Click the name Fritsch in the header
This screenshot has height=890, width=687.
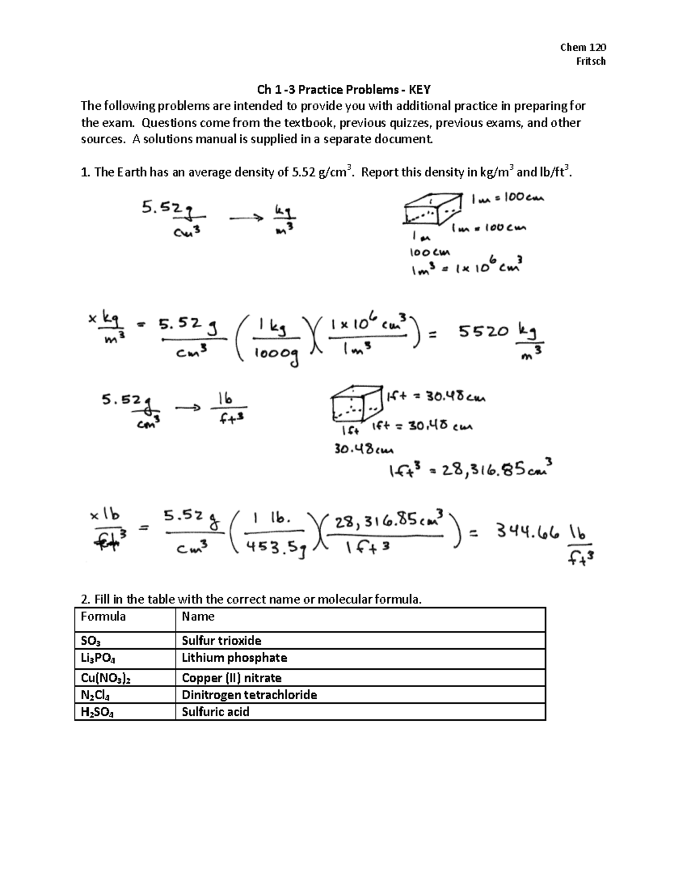click(x=590, y=61)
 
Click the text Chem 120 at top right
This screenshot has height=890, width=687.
click(x=583, y=48)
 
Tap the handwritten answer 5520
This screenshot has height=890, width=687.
click(x=483, y=332)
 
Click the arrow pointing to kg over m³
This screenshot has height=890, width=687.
click(x=246, y=218)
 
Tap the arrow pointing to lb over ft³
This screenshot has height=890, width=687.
click(x=188, y=408)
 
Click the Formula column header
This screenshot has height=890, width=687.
click(x=103, y=617)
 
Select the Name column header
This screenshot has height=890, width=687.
click(x=198, y=617)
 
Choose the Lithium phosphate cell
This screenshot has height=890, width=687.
click(x=234, y=658)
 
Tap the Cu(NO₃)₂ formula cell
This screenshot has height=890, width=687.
click(x=106, y=678)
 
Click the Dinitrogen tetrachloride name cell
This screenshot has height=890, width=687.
click(x=249, y=695)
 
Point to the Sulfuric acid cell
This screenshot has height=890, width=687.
click(x=215, y=712)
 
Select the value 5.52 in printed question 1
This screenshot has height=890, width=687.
click(x=303, y=172)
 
